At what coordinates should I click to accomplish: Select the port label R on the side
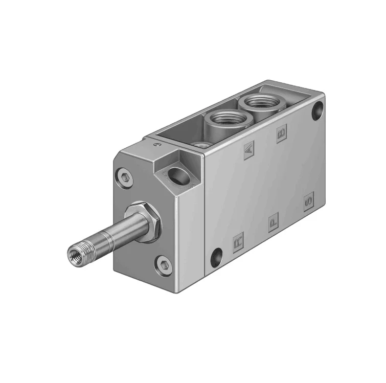[x=239, y=241]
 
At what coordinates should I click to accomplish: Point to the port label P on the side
[x=274, y=221]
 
